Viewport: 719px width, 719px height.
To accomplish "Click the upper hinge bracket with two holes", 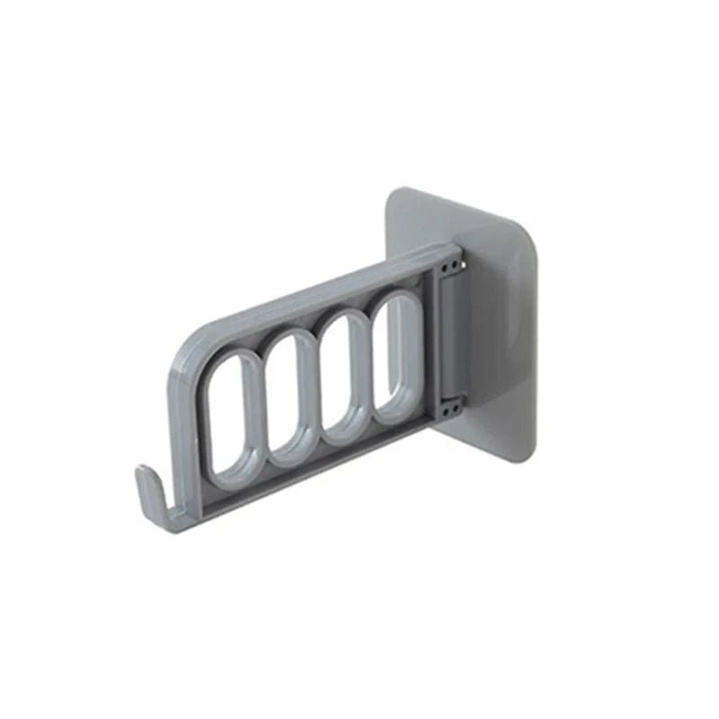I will (x=451, y=262).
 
